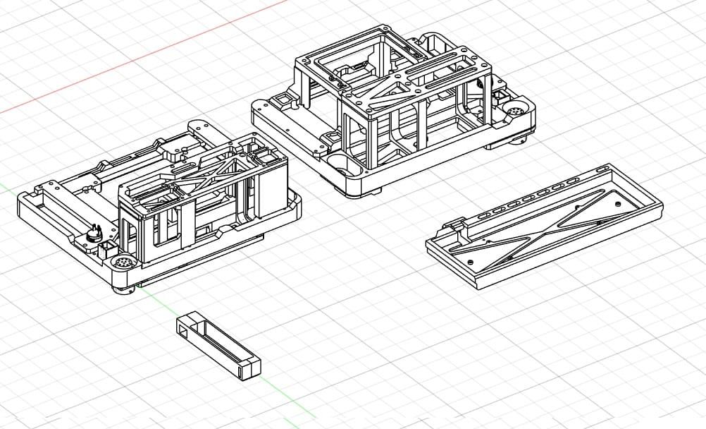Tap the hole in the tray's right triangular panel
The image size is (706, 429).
(618, 203)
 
